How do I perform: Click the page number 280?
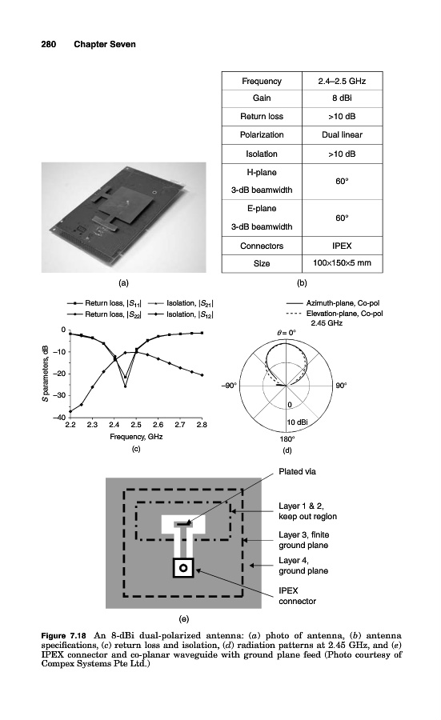[x=49, y=44]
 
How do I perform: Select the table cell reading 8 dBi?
[x=343, y=98]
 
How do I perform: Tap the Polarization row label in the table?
[x=262, y=135]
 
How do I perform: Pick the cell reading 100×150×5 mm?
[x=343, y=263]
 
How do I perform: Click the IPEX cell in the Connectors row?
[x=343, y=246]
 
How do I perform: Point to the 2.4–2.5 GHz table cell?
[x=343, y=82]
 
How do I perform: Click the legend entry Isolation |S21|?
[x=181, y=303]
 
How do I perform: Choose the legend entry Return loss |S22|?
[x=104, y=314]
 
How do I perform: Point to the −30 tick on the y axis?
[x=58, y=395]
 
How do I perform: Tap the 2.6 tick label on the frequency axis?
[x=158, y=425]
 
